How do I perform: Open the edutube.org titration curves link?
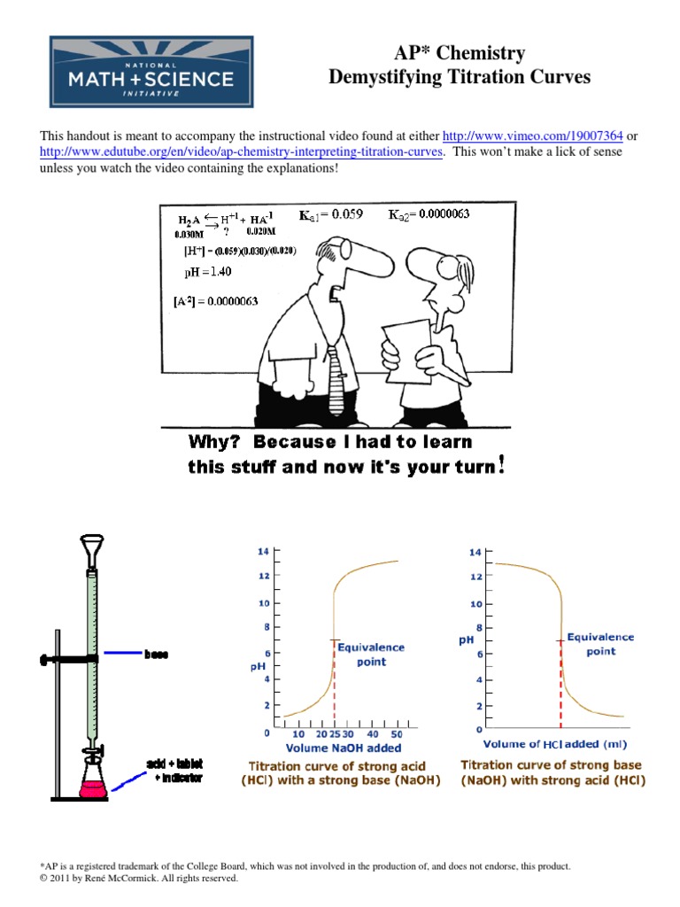(242, 151)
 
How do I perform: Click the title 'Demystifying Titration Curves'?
(459, 78)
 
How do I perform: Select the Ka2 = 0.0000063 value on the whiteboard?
(433, 214)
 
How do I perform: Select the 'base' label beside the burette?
(157, 655)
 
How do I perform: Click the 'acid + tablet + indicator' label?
(175, 771)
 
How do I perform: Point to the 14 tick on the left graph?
(263, 550)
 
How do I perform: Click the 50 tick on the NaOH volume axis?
(396, 734)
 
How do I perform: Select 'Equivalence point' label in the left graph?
(371, 655)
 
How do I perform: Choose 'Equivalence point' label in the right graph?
(600, 643)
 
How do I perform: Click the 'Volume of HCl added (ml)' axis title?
(552, 744)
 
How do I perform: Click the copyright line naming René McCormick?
(139, 879)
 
